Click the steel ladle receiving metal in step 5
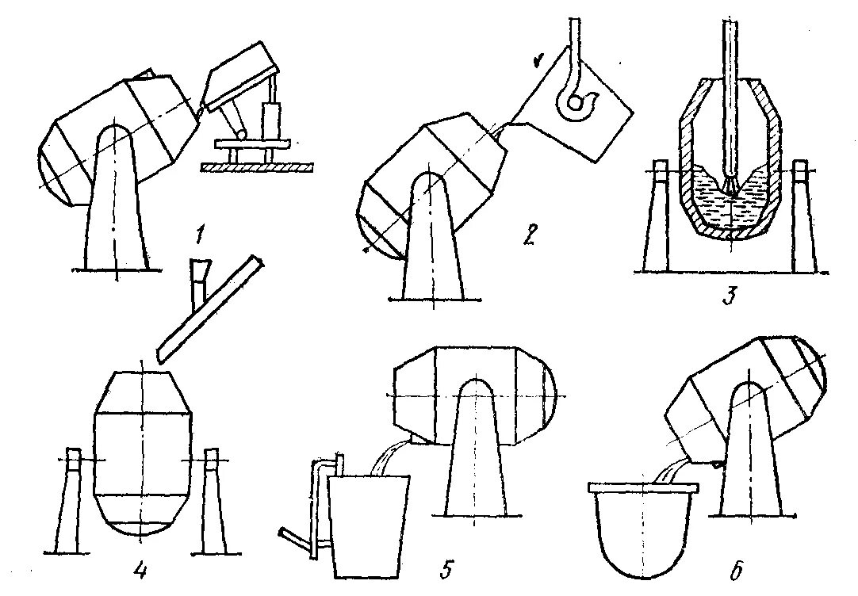[x=369, y=523]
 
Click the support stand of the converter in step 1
[x=115, y=206]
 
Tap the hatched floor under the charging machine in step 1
[x=255, y=167]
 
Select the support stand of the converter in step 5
[x=473, y=460]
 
